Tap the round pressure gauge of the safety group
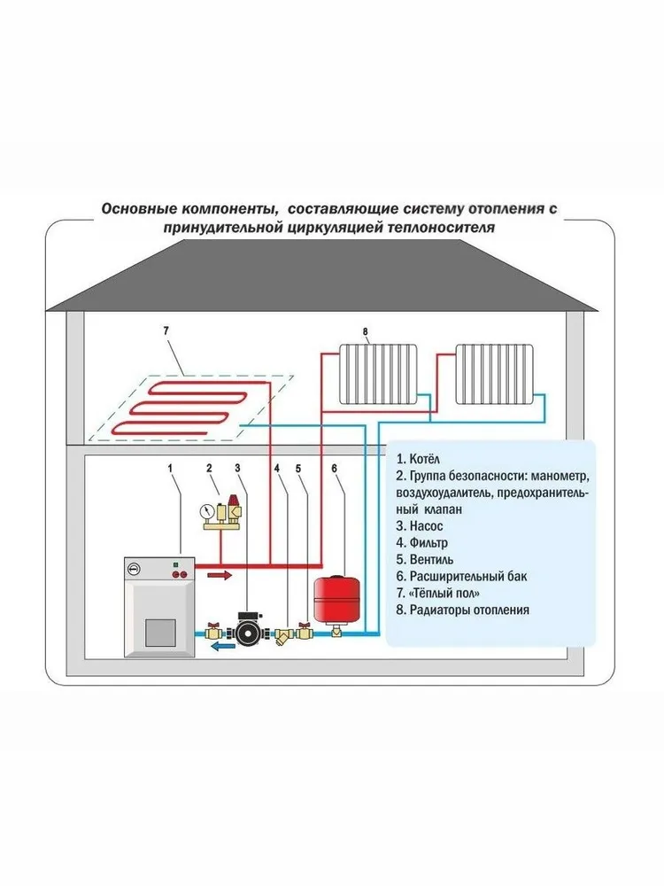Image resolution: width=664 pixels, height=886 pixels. tap(206, 512)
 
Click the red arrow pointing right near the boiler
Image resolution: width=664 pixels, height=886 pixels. tap(220, 575)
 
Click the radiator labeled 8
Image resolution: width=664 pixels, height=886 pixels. tap(378, 375)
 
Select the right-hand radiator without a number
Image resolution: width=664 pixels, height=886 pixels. tap(495, 375)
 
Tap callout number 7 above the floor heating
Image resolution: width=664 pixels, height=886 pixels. tap(166, 330)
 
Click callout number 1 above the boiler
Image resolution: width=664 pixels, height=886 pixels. tap(170, 469)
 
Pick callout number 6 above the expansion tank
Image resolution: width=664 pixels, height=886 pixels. tap(335, 469)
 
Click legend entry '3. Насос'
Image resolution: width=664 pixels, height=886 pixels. tap(419, 526)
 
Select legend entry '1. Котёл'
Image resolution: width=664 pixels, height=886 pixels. tap(418, 459)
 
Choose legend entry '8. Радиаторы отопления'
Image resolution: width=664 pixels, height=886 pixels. tap(462, 610)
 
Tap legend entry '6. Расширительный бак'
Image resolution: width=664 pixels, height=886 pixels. tap(461, 577)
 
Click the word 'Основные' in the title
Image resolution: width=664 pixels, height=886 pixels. tap(139, 209)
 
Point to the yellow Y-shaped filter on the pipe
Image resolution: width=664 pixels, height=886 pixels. tap(282, 635)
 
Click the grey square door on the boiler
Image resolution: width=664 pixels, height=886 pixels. tap(161, 633)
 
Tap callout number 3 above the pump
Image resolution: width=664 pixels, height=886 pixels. tap(237, 469)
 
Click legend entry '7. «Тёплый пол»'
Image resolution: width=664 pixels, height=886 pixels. tap(438, 594)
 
